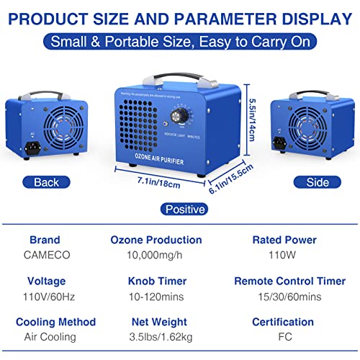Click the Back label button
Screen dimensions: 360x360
[x=46, y=182]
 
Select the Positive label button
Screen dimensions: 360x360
[x=184, y=210]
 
